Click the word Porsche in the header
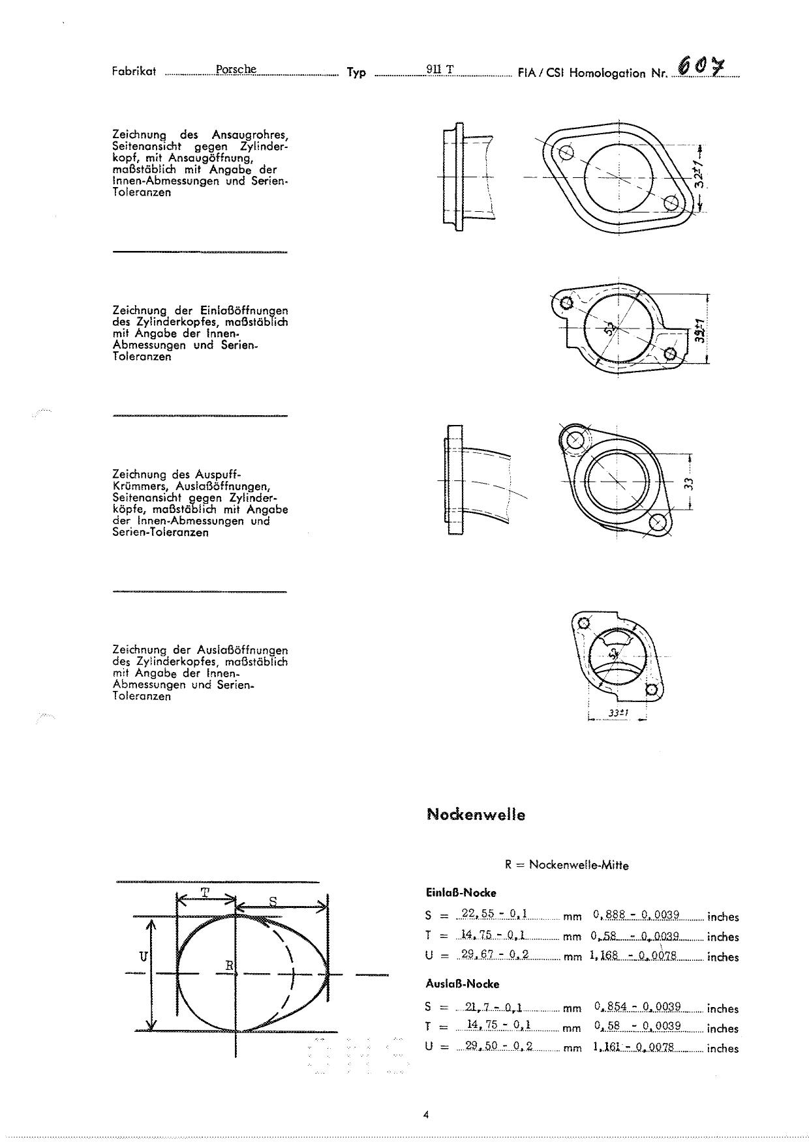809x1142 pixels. (x=236, y=69)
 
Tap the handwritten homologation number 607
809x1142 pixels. (x=701, y=66)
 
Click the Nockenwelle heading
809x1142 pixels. (x=476, y=814)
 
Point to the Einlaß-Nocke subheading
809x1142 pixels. (x=461, y=892)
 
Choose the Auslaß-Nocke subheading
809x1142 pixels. (x=462, y=984)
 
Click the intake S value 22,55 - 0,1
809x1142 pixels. (x=494, y=914)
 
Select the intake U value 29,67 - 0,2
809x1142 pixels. (x=494, y=954)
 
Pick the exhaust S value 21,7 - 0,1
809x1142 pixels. (x=494, y=1006)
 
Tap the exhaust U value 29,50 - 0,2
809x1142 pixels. (x=495, y=1046)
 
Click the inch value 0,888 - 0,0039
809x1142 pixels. (x=637, y=915)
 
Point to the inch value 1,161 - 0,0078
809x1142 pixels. (x=633, y=1046)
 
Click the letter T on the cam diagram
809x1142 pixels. (x=204, y=893)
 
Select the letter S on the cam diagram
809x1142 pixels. (x=273, y=901)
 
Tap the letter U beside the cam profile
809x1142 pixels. (x=143, y=956)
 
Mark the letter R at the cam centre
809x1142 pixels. (x=229, y=965)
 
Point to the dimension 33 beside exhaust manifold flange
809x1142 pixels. (x=688, y=483)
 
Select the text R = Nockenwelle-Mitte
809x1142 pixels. (x=566, y=865)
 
